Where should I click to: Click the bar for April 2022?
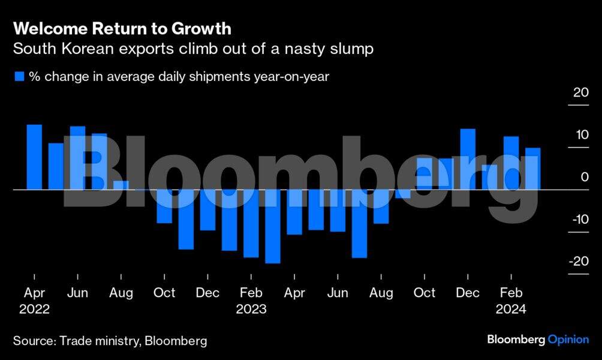pos(34,157)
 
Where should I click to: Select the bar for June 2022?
pos(78,158)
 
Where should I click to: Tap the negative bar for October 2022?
pos(164,206)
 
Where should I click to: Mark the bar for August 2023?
pos(381,206)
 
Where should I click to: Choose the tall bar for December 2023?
pos(468,159)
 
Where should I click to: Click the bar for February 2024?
pos(511,163)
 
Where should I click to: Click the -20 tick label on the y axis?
pos(579,262)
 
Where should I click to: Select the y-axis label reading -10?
pos(579,219)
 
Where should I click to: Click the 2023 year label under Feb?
pos(251,310)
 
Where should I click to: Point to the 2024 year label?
pos(511,310)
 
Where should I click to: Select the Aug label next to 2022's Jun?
pos(121,293)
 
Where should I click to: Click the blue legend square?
pos(19,77)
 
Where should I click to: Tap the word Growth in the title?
pos(201,28)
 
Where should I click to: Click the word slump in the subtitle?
pos(351,49)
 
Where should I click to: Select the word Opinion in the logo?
pos(568,340)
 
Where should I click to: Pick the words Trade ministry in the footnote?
pos(97,341)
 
